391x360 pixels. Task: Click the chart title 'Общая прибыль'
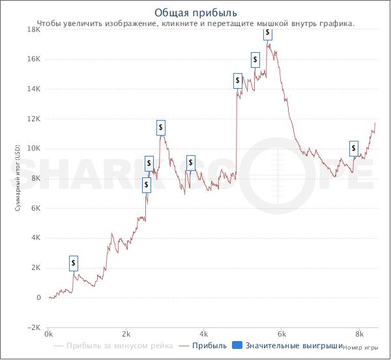tap(195, 12)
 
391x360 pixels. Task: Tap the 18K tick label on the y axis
tap(33, 29)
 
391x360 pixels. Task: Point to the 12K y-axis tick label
tap(33, 119)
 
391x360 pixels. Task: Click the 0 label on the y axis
tap(38, 298)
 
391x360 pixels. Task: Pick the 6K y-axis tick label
tap(35, 208)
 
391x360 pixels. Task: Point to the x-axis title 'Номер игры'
tap(361, 348)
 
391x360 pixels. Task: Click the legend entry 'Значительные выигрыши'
tap(294, 346)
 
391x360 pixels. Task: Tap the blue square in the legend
tap(238, 346)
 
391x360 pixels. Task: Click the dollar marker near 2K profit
tap(74, 263)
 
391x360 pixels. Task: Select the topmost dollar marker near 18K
tap(268, 33)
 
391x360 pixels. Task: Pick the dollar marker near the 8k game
tap(354, 148)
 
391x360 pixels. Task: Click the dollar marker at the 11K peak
tap(161, 127)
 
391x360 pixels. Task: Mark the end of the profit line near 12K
tap(375, 123)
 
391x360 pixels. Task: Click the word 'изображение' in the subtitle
tap(132, 23)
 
